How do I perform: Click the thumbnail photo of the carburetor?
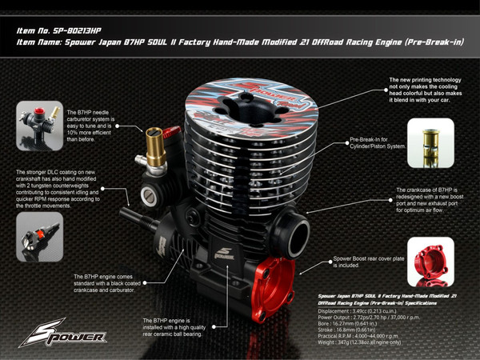click(x=39, y=126)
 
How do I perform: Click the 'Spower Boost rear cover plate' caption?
click(x=364, y=262)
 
